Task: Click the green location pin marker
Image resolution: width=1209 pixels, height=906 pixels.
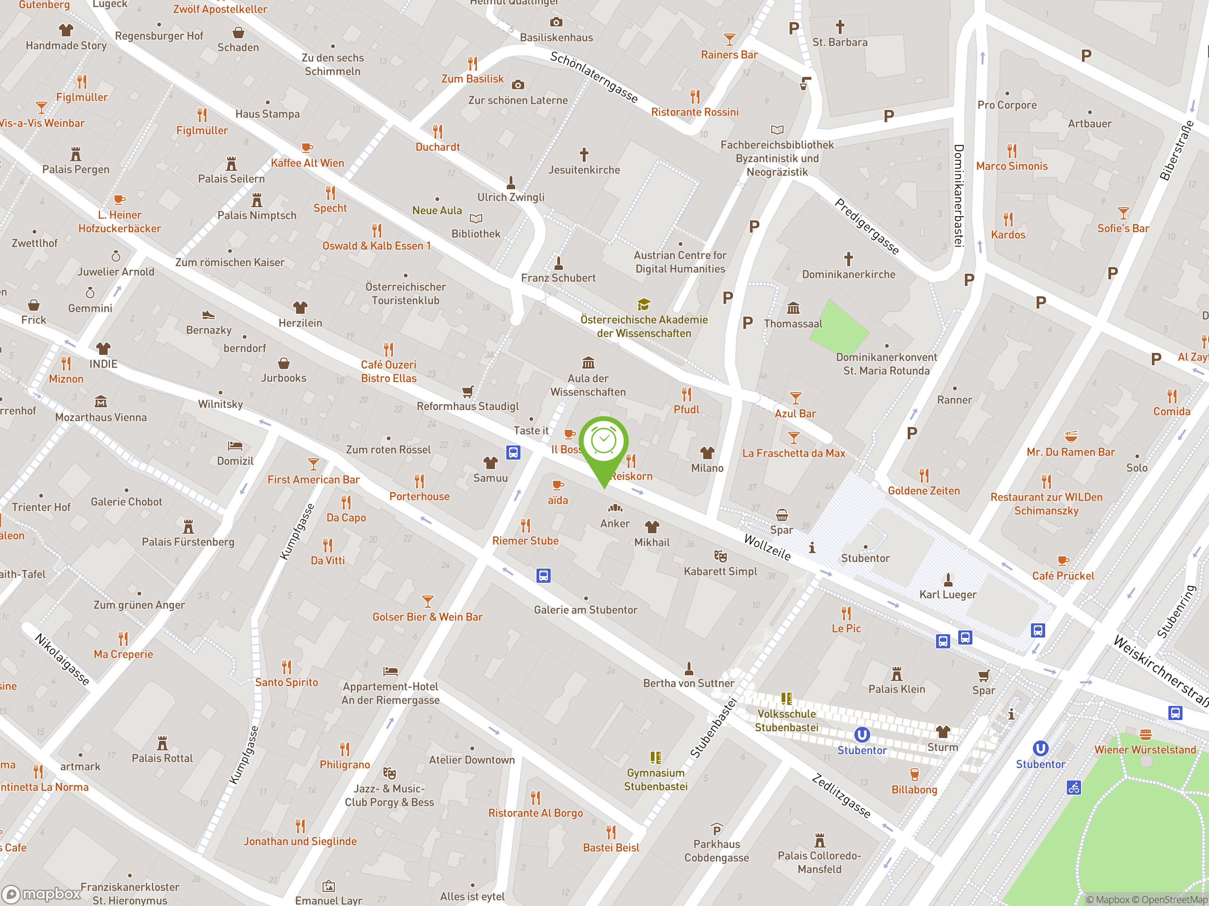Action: click(604, 445)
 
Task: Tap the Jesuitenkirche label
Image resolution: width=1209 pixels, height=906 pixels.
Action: click(584, 170)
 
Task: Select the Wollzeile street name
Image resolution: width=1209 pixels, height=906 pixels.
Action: click(767, 547)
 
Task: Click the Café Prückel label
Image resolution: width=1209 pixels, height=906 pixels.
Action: click(1063, 576)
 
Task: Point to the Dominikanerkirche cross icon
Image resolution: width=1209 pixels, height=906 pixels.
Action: click(848, 258)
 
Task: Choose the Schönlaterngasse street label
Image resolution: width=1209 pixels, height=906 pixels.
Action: click(594, 77)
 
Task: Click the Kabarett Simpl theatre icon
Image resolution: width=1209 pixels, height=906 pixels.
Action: click(720, 556)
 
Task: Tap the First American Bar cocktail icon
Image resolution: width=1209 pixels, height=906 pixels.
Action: click(313, 464)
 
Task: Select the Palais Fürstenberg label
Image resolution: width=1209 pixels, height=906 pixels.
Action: click(188, 542)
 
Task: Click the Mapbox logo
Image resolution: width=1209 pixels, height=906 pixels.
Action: click(43, 894)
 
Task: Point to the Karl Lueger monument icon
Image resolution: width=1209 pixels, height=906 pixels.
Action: click(948, 579)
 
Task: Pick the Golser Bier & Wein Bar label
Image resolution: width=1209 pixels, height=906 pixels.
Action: click(427, 617)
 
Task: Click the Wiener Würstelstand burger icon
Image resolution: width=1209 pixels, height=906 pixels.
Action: click(1145, 735)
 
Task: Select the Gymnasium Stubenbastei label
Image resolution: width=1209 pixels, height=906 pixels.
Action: click(656, 780)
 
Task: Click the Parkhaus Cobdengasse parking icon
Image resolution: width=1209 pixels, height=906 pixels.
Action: click(716, 829)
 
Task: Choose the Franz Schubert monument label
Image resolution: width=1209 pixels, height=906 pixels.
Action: click(558, 278)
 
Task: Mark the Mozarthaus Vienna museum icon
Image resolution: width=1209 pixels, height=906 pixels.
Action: click(101, 402)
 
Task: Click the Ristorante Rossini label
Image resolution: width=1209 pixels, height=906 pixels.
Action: click(694, 112)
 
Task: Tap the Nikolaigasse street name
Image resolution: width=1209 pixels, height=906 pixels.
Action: click(62, 659)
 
